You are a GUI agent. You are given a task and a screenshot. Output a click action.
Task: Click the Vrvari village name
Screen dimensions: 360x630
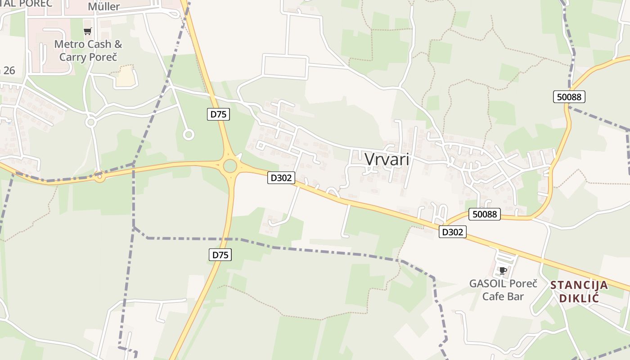click(x=387, y=159)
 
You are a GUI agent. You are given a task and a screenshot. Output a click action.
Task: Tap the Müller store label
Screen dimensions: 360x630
click(x=103, y=7)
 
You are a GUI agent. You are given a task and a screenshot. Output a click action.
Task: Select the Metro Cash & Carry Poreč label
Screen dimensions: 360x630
click(x=88, y=51)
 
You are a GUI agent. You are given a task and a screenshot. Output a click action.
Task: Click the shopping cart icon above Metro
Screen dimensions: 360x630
click(x=88, y=31)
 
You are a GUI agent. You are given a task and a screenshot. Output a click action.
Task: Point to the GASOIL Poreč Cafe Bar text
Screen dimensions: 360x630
click(x=503, y=290)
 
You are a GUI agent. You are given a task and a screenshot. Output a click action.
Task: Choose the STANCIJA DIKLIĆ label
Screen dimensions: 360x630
click(x=579, y=291)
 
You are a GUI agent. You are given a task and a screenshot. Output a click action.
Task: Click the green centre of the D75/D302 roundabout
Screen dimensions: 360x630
click(x=230, y=166)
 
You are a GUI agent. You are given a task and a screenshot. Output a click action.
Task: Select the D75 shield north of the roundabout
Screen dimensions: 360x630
click(x=219, y=114)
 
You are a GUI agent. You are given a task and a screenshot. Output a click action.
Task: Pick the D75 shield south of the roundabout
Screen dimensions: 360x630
click(x=220, y=255)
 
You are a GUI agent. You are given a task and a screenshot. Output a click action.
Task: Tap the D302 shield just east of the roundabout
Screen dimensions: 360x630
click(x=281, y=178)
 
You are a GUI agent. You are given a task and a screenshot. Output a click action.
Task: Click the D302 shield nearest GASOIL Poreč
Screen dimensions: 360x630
click(x=453, y=232)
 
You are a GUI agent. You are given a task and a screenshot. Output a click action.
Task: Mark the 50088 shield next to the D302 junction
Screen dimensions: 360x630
click(x=485, y=214)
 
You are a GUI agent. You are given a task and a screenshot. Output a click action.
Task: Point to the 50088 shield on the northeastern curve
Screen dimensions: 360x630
click(x=569, y=97)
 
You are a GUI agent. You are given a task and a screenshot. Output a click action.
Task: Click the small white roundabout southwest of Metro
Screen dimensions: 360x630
click(x=91, y=122)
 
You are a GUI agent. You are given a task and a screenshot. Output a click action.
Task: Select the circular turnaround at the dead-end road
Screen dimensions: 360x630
click(x=189, y=134)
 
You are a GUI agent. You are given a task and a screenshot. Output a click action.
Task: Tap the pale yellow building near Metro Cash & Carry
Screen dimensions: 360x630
click(x=126, y=76)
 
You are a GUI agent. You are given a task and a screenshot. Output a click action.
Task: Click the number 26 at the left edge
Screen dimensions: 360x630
click(x=8, y=70)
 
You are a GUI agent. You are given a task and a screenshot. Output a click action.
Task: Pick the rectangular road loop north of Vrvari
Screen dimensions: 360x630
click(x=285, y=66)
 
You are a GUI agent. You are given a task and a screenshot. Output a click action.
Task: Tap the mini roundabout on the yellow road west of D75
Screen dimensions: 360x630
click(x=100, y=178)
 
